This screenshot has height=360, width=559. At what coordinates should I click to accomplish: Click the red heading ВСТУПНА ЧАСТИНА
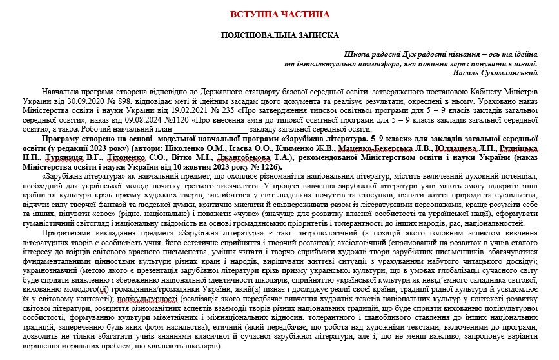(x=279, y=14)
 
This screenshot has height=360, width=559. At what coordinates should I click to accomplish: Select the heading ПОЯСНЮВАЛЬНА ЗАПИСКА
(x=279, y=35)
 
